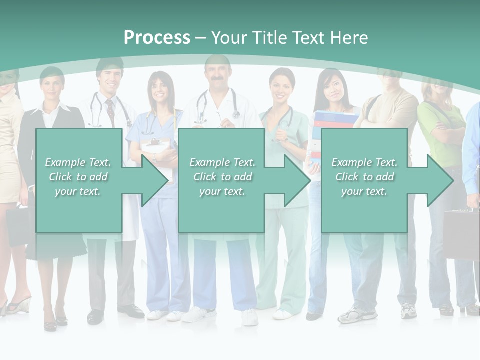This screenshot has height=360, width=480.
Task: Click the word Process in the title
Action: tap(157, 37)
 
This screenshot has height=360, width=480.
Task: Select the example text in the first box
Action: tap(78, 177)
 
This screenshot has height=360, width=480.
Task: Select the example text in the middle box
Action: tap(222, 177)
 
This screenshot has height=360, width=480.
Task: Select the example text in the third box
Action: tap(364, 177)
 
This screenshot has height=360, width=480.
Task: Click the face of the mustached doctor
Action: tap(217, 75)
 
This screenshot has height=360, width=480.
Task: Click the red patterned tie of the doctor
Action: tap(110, 112)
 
